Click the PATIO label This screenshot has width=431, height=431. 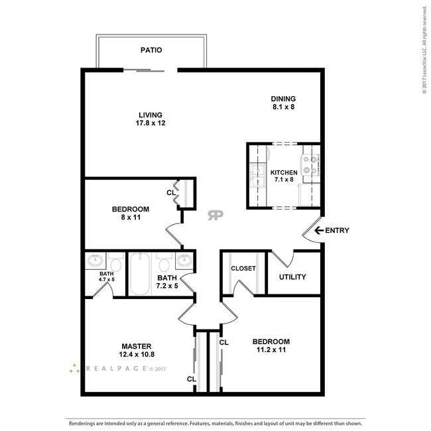coord(151,50)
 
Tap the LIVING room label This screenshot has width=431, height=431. coord(150,119)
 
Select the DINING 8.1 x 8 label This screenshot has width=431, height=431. coord(283,102)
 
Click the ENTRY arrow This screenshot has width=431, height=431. coord(318,231)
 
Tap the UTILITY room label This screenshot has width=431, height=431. coord(292,277)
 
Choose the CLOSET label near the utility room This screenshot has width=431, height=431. coord(243,269)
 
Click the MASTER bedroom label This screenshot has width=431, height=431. coord(137,350)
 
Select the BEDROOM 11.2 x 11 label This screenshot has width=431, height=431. coord(271,346)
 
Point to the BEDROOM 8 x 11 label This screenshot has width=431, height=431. coord(130,214)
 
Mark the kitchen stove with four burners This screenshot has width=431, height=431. coord(309,164)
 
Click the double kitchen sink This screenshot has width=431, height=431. coord(257,175)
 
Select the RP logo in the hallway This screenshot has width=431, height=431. coord(215,215)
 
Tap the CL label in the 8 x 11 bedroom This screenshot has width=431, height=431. coord(171,193)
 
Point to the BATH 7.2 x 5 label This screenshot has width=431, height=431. coord(166,282)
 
